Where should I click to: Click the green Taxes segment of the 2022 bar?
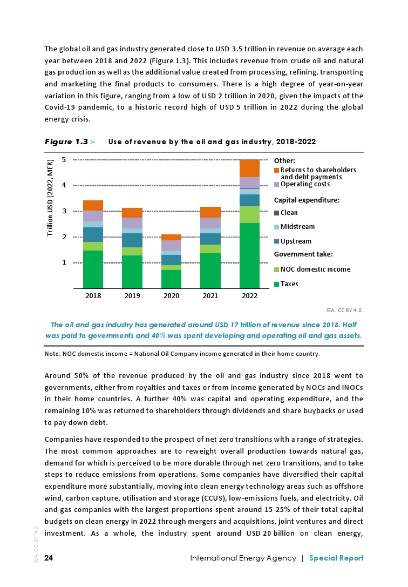pos(249,255)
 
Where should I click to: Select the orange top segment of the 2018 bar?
pos(93,205)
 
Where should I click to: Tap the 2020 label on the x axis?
pos(171,296)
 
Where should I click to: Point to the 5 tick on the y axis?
pos(64,160)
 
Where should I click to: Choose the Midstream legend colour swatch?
pos(277,227)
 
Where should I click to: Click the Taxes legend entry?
pos(289,284)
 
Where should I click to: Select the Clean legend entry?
pos(289,213)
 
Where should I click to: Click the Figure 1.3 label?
pos(66,141)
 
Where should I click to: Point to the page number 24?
pos(49,558)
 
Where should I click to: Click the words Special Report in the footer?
pos(336,558)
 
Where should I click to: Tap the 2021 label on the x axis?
pos(210,296)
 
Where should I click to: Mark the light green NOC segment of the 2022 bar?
pos(249,214)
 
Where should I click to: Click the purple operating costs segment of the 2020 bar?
pos(171,245)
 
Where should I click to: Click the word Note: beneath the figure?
pos(52,354)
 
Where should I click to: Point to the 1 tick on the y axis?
pos(64,262)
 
